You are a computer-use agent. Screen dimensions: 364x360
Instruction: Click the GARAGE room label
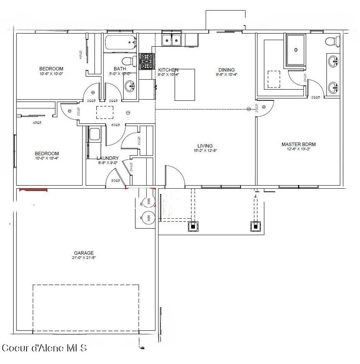pyautogui.click(x=84, y=253)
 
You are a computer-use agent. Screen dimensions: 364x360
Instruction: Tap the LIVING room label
pyautogui.click(x=205, y=146)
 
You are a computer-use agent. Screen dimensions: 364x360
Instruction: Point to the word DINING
pyautogui.click(x=226, y=70)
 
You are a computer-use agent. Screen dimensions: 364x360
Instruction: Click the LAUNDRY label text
pyautogui.click(x=108, y=158)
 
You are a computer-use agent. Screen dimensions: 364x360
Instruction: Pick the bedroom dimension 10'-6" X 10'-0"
pyautogui.click(x=51, y=74)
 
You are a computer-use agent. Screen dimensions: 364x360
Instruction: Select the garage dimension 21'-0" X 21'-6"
pyautogui.click(x=84, y=258)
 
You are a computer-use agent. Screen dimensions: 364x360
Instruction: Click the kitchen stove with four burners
pyautogui.click(x=147, y=61)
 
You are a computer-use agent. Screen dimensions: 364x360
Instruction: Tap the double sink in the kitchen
pyautogui.click(x=172, y=40)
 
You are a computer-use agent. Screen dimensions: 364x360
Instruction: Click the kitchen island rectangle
pyautogui.click(x=185, y=85)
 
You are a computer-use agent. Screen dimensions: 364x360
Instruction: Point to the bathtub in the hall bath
pyautogui.click(x=120, y=44)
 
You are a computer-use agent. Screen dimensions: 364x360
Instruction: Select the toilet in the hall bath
pyautogui.click(x=130, y=61)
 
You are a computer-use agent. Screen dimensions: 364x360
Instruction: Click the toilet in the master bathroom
pyautogui.click(x=332, y=41)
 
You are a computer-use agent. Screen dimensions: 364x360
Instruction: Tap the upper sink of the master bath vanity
pyautogui.click(x=333, y=62)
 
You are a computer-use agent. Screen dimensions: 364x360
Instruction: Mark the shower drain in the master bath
pyautogui.click(x=296, y=50)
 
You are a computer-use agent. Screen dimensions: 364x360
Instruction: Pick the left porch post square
pyautogui.click(x=193, y=226)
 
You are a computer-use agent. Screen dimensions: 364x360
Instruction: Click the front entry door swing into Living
pyautogui.click(x=174, y=175)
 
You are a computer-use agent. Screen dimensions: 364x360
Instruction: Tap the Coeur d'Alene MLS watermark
pyautogui.click(x=44, y=348)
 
